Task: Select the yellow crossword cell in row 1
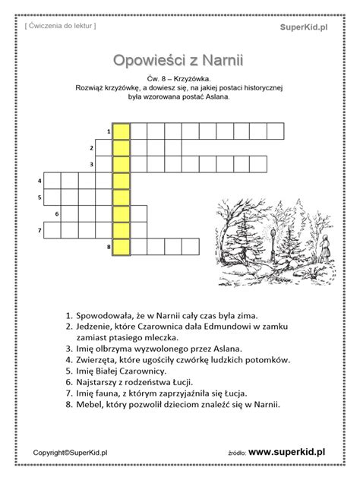[x=122, y=131]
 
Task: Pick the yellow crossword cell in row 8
[x=122, y=246]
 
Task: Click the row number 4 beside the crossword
[x=39, y=181]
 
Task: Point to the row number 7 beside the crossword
[x=39, y=230]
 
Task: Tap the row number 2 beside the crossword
[x=91, y=147]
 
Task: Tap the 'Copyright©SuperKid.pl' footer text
[x=70, y=453]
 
